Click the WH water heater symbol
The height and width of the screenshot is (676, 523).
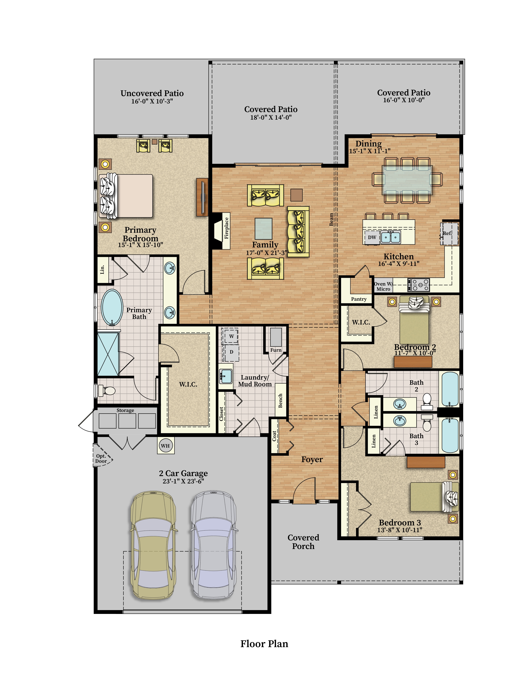click(166, 446)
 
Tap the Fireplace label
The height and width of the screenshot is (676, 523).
click(226, 228)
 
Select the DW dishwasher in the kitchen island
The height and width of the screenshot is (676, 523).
click(372, 237)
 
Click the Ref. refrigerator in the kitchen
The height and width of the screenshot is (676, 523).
click(449, 233)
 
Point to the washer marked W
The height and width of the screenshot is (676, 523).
click(231, 336)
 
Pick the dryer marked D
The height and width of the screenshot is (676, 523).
click(231, 352)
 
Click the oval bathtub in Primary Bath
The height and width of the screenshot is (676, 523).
click(112, 307)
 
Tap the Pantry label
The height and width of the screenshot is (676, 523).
click(359, 299)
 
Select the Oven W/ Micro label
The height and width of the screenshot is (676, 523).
click(383, 286)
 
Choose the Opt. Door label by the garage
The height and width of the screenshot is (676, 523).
click(101, 458)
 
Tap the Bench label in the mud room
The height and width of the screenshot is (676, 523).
click(280, 400)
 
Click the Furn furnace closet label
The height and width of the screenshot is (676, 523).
click(276, 350)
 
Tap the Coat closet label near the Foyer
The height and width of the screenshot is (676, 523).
click(274, 436)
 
